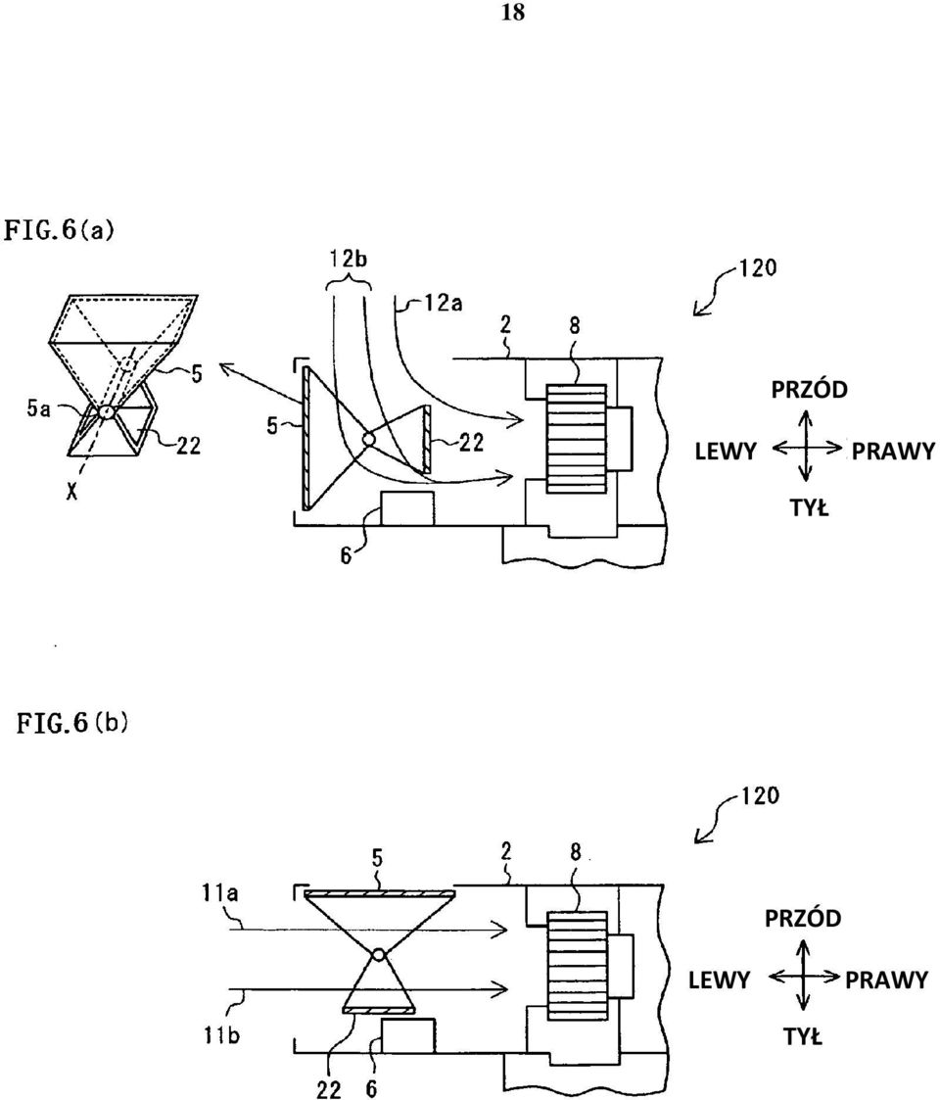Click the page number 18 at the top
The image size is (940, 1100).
coord(513,13)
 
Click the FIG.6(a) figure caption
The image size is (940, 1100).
coord(59,230)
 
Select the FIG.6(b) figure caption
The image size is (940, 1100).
coord(72,723)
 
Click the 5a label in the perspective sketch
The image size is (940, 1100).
coord(38,408)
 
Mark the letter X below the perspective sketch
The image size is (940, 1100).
coord(70,493)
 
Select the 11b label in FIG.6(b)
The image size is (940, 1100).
coord(222,1034)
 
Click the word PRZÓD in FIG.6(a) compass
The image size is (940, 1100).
coord(810,389)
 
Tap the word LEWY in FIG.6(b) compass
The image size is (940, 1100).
coord(719,980)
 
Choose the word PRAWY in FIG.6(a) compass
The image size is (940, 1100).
coord(894,452)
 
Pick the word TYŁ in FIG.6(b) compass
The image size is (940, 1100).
coord(803,1036)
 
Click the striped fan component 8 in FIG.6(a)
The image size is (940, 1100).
coord(576,439)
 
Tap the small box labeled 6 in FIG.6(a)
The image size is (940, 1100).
coord(407,508)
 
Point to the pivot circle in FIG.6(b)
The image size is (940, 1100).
coord(379,955)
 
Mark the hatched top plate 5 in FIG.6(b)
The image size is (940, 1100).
coord(380,893)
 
